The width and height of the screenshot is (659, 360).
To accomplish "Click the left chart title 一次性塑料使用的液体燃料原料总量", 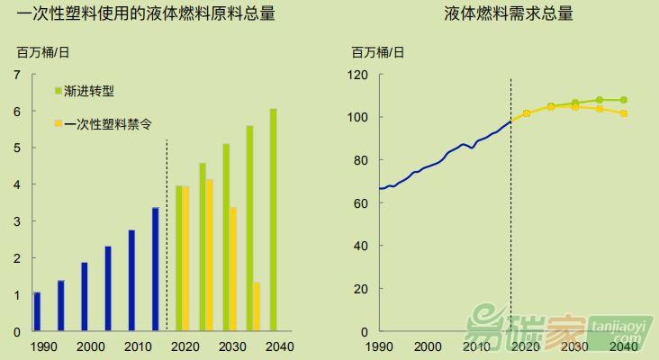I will click(x=147, y=14).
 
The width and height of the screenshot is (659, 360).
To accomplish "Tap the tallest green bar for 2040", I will click(x=273, y=220).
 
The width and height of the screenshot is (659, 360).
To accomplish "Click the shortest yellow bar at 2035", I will click(x=257, y=307).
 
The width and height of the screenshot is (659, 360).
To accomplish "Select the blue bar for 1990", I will click(x=37, y=311).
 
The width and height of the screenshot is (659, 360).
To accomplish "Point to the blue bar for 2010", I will click(x=131, y=281).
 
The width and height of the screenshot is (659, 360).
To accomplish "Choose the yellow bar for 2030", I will click(x=232, y=269).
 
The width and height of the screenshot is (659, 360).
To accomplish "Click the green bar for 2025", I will click(x=203, y=247).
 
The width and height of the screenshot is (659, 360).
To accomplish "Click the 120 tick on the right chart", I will click(x=360, y=74).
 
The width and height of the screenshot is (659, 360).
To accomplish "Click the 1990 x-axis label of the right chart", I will click(x=378, y=346).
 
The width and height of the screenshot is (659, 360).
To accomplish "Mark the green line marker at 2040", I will click(x=624, y=100).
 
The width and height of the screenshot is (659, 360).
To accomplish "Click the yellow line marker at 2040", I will click(x=624, y=113).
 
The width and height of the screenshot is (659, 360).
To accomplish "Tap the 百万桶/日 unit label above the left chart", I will click(x=43, y=51).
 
